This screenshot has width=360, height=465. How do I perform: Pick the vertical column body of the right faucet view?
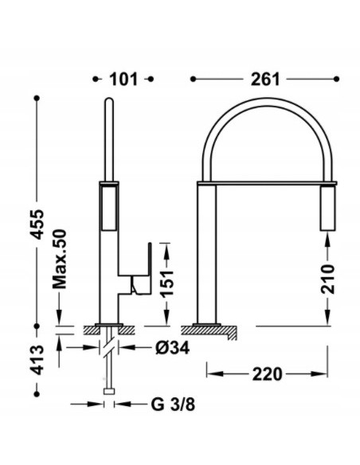pyautogui.click(x=207, y=252)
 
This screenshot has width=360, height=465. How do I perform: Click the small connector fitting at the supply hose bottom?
pyautogui.click(x=108, y=392)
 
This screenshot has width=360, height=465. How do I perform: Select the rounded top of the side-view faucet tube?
pyautogui.click(x=110, y=103)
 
